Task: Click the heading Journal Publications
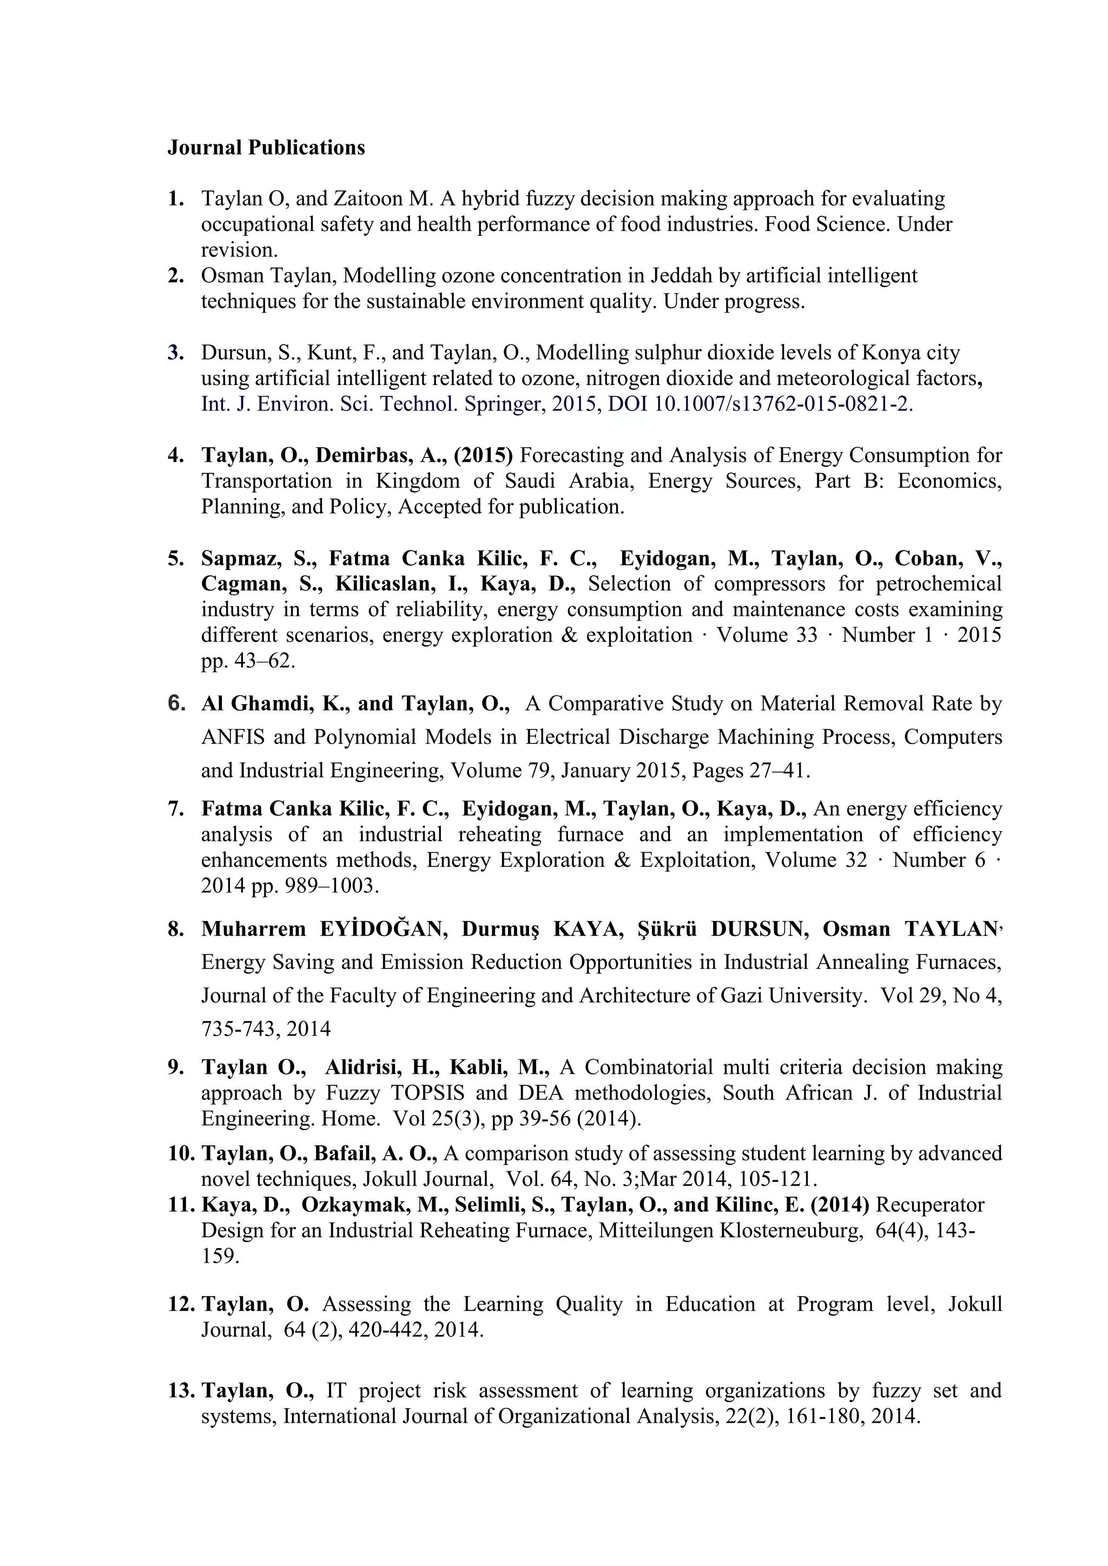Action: [266, 148]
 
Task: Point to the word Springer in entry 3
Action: [504, 404]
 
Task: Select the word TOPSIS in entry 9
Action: [427, 1093]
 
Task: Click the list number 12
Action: [181, 1304]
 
